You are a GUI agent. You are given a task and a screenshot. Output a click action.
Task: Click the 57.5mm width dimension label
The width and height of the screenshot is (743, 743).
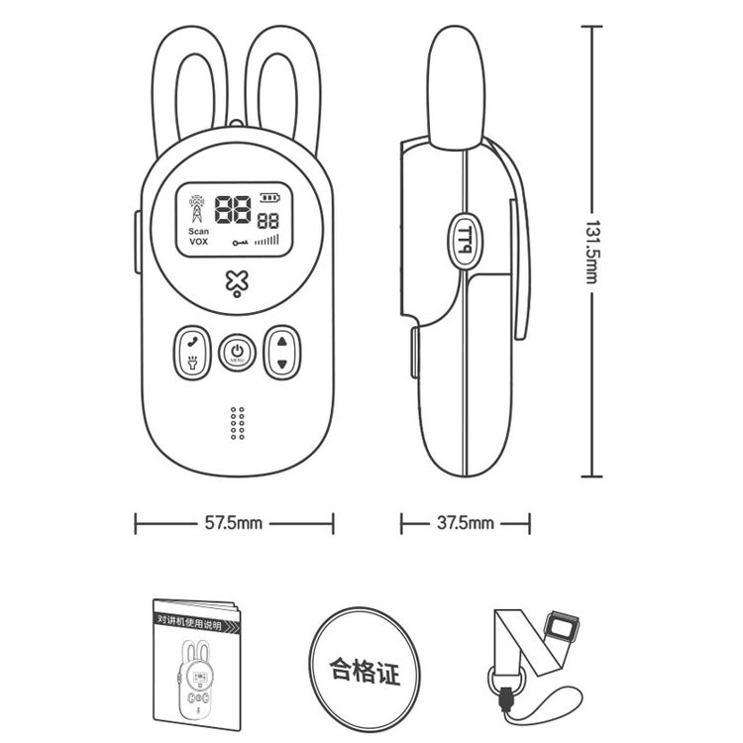pyautogui.click(x=233, y=523)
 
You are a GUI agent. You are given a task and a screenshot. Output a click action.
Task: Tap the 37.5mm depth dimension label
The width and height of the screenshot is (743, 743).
pyautogui.click(x=465, y=523)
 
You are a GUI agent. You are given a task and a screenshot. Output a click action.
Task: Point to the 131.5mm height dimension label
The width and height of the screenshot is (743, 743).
pyautogui.click(x=591, y=252)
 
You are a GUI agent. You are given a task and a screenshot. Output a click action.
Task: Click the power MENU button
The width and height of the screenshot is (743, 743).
pyautogui.click(x=237, y=353)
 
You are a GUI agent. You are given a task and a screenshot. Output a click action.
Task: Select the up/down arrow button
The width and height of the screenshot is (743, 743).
pyautogui.click(x=282, y=353)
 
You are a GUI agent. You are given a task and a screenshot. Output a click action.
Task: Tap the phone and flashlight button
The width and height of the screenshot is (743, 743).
pyautogui.click(x=192, y=353)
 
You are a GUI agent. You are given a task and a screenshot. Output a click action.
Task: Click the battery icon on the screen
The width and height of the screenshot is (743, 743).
pyautogui.click(x=269, y=197)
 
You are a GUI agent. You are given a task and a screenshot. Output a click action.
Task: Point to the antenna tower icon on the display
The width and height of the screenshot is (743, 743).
pyautogui.click(x=197, y=208)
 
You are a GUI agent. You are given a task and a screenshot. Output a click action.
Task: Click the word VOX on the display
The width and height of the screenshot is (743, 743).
pyautogui.click(x=198, y=242)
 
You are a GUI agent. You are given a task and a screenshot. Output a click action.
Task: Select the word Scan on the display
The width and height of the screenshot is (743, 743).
pyautogui.click(x=198, y=231)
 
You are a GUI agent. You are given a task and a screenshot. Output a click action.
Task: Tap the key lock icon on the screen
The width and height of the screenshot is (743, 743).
pyautogui.click(x=241, y=243)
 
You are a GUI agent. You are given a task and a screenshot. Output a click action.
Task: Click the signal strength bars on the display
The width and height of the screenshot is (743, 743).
pyautogui.click(x=266, y=240)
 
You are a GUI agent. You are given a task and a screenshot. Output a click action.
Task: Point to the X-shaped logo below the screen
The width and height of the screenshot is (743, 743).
pyautogui.click(x=237, y=283)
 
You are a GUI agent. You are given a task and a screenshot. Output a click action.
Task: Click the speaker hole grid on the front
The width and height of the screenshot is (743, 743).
pyautogui.click(x=238, y=423)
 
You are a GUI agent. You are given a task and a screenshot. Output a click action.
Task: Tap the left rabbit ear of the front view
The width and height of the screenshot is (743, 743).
pyautogui.click(x=189, y=85)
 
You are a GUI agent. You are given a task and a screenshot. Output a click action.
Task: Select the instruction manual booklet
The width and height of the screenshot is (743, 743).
pyautogui.click(x=197, y=665)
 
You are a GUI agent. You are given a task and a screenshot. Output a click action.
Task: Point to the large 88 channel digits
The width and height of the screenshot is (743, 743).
pyautogui.click(x=233, y=209)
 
